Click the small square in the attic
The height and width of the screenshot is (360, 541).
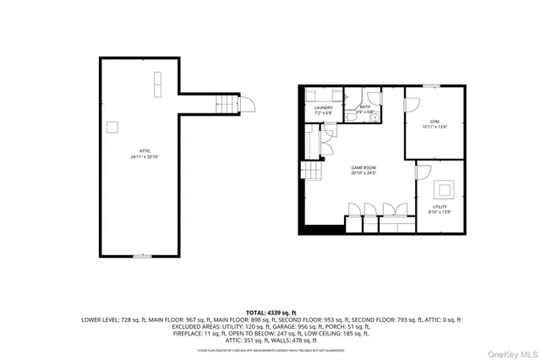pos(111,126)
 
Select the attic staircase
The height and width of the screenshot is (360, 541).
pos(224,106)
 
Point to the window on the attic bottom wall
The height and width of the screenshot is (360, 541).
pos(142,256)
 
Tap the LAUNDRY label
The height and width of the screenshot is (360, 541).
pos(323,107)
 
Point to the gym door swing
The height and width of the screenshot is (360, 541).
pos(413,105)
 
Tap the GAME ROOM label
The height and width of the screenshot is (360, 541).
pos(363,168)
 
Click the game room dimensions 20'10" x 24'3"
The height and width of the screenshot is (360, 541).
pos(363,174)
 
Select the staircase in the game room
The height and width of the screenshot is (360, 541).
pos(313,173)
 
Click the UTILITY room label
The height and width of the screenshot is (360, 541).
pos(440,206)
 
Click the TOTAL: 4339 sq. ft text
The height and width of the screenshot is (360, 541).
pos(270,313)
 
